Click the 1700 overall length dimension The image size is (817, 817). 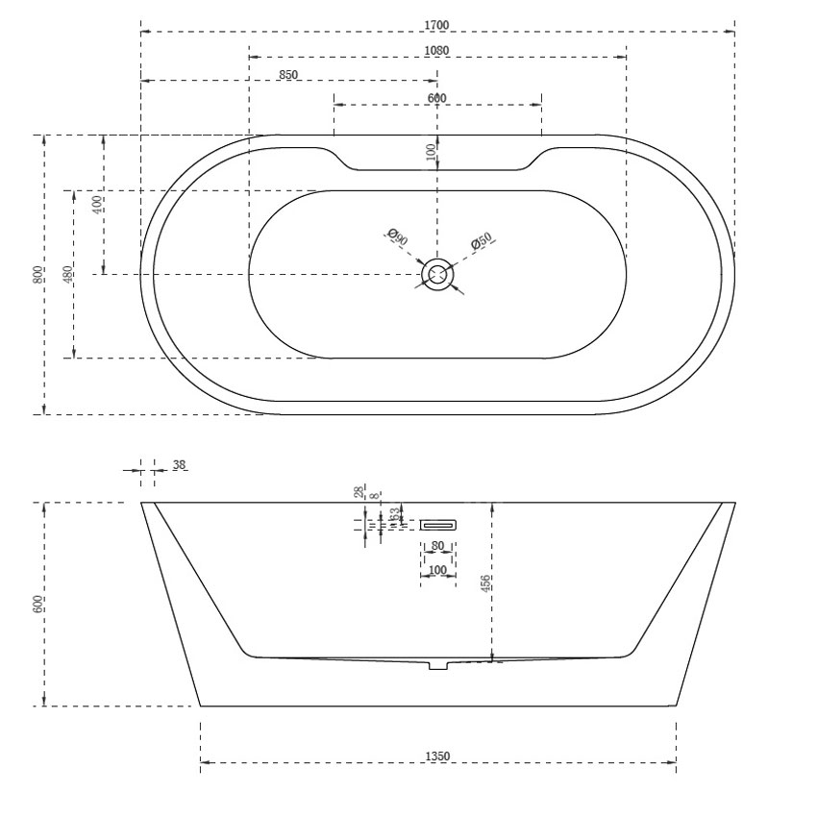(437, 24)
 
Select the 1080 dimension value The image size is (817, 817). (437, 50)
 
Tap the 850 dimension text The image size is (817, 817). (288, 74)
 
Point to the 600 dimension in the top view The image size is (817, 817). (437, 98)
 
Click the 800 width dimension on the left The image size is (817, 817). (37, 275)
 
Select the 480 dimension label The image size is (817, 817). (67, 275)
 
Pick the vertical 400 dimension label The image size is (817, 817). (97, 204)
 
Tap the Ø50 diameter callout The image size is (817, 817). (482, 242)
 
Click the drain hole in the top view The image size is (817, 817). (438, 275)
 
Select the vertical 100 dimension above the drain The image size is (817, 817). (432, 151)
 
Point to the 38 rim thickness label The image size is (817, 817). (179, 465)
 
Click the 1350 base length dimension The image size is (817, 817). (437, 756)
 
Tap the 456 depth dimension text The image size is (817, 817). (486, 582)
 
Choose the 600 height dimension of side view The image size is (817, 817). (37, 605)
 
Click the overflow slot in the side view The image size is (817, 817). (438, 524)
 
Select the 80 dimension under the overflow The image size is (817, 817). (438, 546)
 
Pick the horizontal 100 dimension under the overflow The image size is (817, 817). (438, 570)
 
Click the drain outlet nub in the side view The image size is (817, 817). (439, 664)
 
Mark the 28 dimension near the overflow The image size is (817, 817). (358, 492)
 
